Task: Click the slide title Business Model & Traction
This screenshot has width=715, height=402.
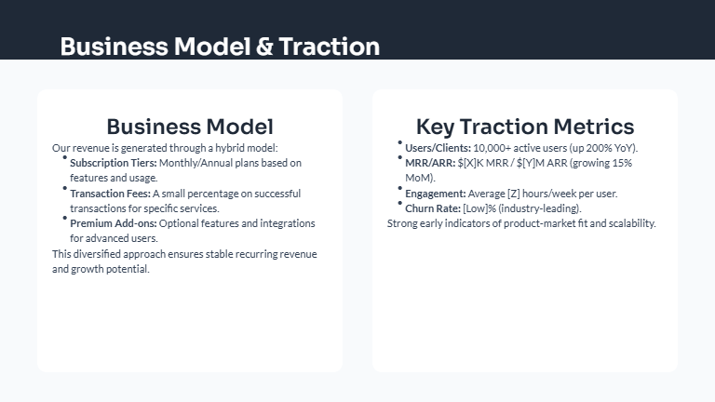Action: (x=220, y=47)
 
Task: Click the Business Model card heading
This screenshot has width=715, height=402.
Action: (x=190, y=127)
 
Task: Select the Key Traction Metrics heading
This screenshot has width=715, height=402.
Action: (x=525, y=127)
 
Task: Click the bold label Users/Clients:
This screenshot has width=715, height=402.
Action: (x=438, y=148)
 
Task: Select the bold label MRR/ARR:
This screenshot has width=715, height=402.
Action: (x=430, y=163)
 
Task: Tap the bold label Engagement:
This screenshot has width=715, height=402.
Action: (x=434, y=194)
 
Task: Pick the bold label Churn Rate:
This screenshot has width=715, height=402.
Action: (x=433, y=208)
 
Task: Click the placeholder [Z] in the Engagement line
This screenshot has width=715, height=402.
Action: (x=513, y=194)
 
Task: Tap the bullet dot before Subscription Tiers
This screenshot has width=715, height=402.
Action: (x=65, y=157)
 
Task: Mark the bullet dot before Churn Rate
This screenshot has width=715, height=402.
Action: (x=400, y=203)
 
